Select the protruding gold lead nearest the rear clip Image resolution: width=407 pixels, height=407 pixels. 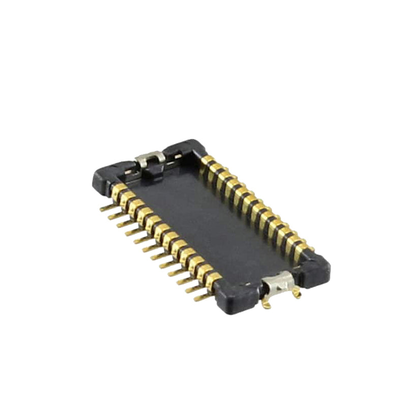[x=106, y=208]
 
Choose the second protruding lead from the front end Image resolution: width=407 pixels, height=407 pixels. [x=192, y=288]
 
